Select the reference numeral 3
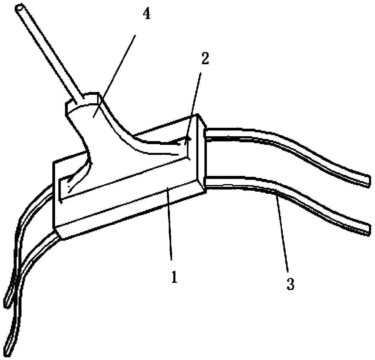[290, 284]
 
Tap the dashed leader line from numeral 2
[195, 100]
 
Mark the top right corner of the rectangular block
[198, 115]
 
